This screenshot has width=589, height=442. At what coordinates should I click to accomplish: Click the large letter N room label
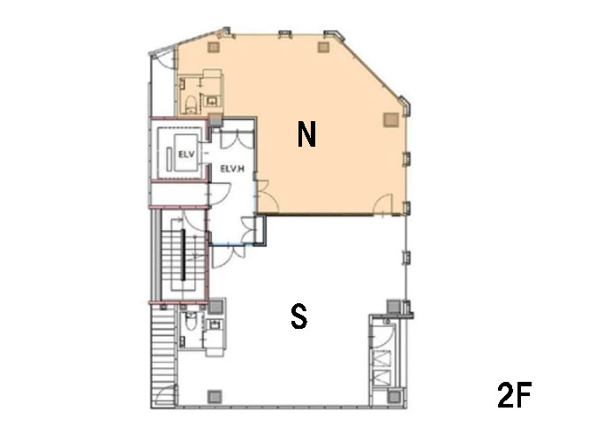tap(306, 134)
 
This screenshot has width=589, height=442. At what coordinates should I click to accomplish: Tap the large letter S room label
tap(299, 316)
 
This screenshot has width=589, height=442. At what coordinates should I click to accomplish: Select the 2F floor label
tap(514, 394)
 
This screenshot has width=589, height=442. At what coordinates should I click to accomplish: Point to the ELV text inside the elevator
tap(186, 154)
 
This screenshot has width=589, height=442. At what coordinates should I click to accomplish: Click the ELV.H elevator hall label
tap(232, 169)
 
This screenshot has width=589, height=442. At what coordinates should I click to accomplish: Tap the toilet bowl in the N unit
tap(192, 105)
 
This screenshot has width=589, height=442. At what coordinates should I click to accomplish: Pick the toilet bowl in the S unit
tap(192, 321)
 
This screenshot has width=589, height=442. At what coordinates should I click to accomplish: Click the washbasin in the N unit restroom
tap(212, 101)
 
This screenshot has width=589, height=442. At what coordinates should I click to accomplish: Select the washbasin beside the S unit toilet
tap(215, 324)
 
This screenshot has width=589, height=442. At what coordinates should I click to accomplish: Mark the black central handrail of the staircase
tap(184, 255)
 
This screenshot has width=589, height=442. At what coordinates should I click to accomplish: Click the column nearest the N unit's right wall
tap(391, 119)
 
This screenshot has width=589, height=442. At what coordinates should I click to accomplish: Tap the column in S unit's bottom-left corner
tap(215, 396)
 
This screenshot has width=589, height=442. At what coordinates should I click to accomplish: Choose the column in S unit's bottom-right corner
tap(394, 396)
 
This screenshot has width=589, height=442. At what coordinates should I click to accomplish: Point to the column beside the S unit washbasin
tap(215, 306)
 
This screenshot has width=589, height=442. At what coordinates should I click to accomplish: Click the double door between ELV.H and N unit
tap(267, 195)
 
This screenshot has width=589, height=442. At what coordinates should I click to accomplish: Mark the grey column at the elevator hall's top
tap(215, 120)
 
